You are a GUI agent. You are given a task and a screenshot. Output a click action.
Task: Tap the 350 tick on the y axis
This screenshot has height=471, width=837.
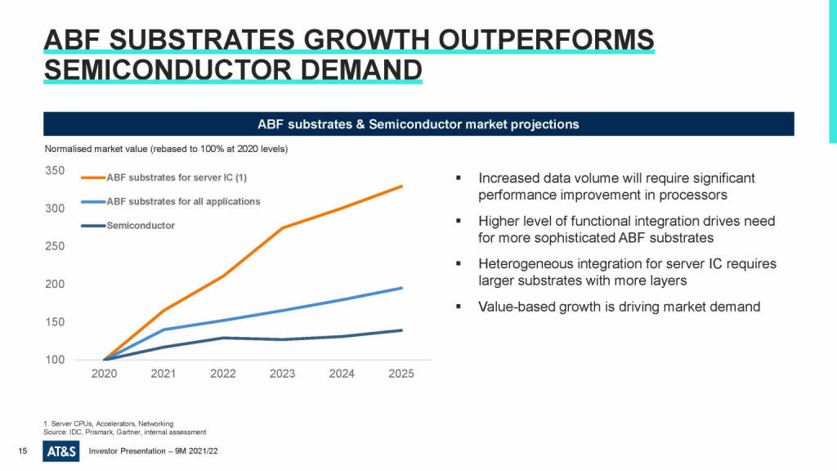pos(54,170)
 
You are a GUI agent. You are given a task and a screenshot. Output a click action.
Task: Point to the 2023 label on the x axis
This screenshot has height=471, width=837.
pos(282,375)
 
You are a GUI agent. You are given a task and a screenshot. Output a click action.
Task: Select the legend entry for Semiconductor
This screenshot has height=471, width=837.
pos(141,226)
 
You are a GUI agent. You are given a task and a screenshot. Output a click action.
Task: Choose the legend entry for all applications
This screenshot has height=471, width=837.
pos(183,201)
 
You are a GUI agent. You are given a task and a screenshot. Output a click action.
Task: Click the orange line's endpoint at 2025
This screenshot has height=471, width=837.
pos(401,186)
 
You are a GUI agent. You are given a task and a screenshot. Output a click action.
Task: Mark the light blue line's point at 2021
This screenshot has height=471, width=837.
pos(163,330)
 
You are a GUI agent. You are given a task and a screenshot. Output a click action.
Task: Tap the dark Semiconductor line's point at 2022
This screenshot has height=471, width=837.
pos(223,338)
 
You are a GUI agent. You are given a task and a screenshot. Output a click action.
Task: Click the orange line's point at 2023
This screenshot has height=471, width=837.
pos(282,227)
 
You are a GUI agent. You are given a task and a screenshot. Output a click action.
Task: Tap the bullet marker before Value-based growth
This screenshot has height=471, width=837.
pos(459,307)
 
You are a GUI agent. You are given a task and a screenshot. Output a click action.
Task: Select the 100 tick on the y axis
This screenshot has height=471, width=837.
pos(54,360)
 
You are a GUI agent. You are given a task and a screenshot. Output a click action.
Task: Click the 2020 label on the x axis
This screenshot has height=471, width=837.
pos(105,375)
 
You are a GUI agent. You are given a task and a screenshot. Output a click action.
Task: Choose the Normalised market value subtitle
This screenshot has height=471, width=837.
pos(165,149)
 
